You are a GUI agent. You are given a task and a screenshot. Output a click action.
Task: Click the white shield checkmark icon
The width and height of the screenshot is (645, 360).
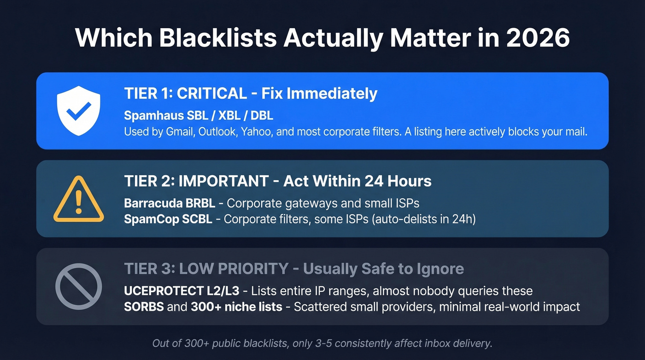[x=78, y=111]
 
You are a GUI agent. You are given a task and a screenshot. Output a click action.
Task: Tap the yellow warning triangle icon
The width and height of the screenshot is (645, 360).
[x=78, y=199]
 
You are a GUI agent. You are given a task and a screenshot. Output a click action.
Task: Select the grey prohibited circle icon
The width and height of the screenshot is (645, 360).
[x=78, y=286]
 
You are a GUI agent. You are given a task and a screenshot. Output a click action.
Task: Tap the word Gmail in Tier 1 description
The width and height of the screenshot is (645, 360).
[x=178, y=131]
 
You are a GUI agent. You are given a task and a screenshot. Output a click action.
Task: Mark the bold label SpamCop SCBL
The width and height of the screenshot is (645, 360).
[x=168, y=219]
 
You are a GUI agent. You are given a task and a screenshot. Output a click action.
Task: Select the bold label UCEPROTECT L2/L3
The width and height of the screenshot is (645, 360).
[x=182, y=291]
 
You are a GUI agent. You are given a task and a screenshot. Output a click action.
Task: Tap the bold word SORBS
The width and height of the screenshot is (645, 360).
[x=144, y=307]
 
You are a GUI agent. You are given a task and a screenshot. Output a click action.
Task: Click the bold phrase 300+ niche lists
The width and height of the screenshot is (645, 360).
[x=236, y=307]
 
